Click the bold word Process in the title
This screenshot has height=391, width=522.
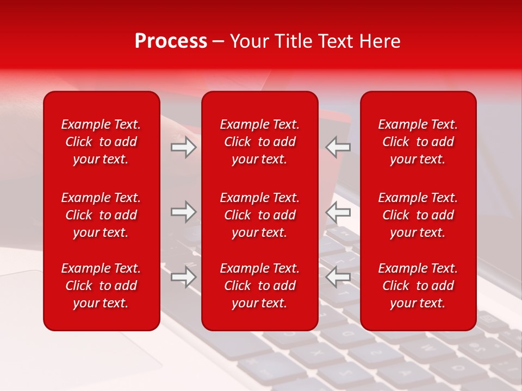[x=171, y=41]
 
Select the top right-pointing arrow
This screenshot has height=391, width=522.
[x=183, y=147]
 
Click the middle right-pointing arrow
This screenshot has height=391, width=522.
[x=183, y=212]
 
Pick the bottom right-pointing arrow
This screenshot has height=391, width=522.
[x=183, y=276]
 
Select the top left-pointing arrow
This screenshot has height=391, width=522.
[x=338, y=147]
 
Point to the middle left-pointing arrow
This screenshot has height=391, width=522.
[x=338, y=212]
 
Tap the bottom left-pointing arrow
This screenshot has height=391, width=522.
[x=338, y=276]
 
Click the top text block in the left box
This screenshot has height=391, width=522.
[x=101, y=142]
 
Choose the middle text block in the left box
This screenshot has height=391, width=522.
[x=101, y=215]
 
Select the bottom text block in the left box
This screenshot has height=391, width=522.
[x=101, y=286]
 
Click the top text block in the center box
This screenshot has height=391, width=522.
[x=259, y=142]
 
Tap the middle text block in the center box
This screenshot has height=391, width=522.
[x=259, y=215]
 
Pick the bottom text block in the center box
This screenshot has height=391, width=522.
[x=259, y=286]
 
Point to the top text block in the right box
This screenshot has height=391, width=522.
[x=418, y=142]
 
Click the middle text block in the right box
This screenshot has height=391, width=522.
[x=418, y=215]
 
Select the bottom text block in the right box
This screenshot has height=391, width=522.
[x=418, y=286]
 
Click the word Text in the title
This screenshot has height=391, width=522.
[x=334, y=41]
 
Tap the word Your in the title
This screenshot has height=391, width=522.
[x=248, y=41]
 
